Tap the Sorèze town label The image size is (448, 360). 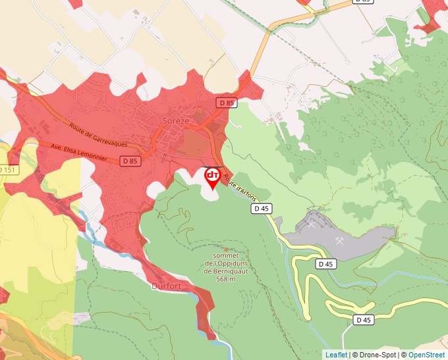coord(176,120)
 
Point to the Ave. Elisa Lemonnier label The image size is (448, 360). coord(79,153)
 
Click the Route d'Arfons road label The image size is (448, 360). coord(239,185)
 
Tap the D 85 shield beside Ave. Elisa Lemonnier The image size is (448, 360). coord(129,161)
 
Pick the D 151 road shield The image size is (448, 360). coord(7,170)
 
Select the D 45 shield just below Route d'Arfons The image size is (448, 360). coord(262,209)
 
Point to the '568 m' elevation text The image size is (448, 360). coord(226,279)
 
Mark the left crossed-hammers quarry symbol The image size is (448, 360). coord(311,224)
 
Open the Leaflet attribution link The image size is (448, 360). coord(336,355)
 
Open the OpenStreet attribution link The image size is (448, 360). coord(426,355)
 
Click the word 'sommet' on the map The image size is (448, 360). coord(226,256)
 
